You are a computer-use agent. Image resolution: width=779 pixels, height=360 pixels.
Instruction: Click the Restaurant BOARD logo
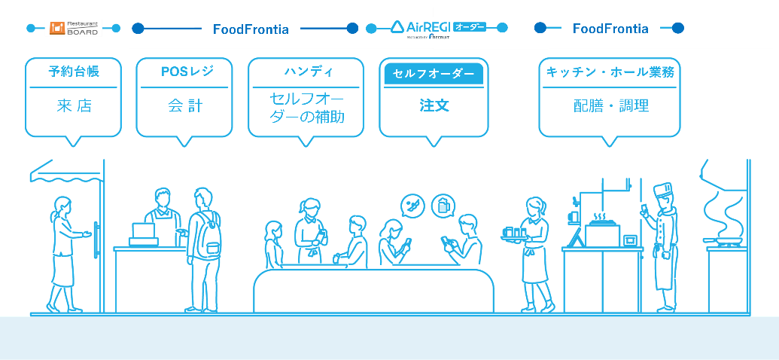coord(74,28)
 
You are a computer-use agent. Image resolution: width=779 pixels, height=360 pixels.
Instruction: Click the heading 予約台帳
coord(74,72)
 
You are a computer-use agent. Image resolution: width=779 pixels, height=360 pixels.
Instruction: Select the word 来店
coord(74,105)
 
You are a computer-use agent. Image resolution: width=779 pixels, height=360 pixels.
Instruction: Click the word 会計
coord(184,105)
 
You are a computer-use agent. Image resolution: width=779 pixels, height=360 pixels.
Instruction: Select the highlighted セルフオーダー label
coord(434,74)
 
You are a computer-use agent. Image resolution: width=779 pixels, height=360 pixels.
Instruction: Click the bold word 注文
coord(434,105)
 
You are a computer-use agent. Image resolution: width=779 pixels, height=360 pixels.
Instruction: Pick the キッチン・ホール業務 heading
coord(610,72)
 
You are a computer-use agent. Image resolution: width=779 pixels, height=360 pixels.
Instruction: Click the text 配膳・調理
coord(610,105)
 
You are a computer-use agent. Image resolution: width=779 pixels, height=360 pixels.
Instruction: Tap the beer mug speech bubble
coord(443,205)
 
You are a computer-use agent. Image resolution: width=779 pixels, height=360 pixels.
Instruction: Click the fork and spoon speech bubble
coord(412,205)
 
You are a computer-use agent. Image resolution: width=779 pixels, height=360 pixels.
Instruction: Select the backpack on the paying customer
coord(210,235)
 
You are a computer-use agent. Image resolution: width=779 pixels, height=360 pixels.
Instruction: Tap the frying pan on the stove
coord(723,241)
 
